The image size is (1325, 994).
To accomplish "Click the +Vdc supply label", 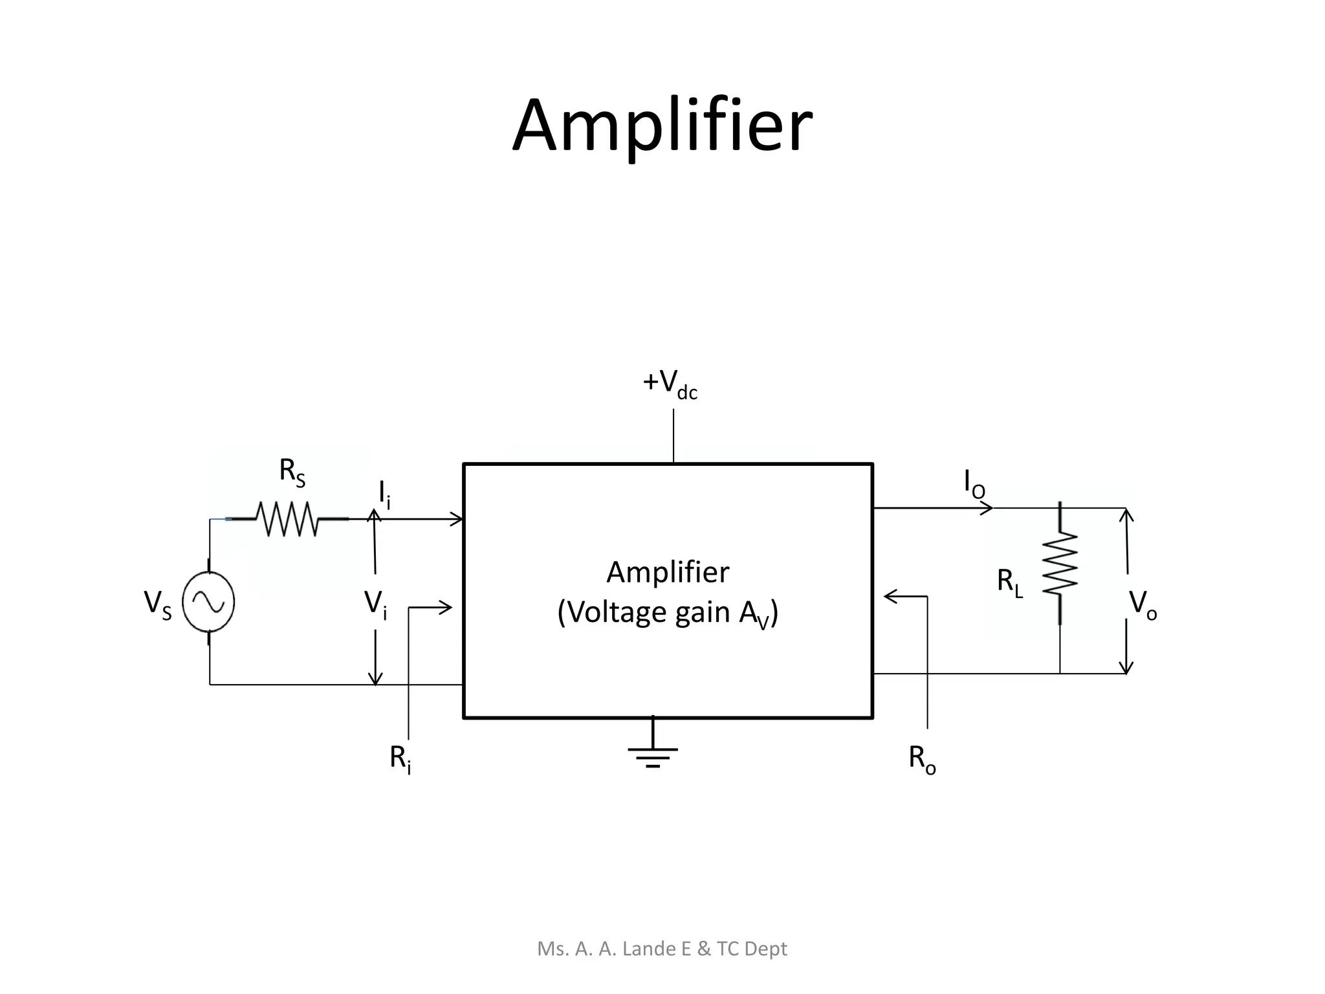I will point(670,384).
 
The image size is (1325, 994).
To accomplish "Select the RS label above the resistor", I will point(292,472).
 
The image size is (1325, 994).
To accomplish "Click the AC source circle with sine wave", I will point(208,602).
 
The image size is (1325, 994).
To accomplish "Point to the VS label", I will point(157,605).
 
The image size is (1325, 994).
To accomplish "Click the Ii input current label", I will point(384,494).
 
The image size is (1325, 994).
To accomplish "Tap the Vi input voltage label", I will point(375,605).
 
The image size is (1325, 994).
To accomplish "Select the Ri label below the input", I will point(400,758).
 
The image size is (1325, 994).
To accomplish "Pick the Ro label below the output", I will point(922,758).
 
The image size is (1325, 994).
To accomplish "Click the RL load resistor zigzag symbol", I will point(1060,563).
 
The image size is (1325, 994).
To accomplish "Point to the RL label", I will point(1009,582).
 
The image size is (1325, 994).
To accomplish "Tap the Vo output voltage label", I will point(1143,605).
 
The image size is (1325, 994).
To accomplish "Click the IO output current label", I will point(974,484).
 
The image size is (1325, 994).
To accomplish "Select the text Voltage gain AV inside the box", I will point(668,613).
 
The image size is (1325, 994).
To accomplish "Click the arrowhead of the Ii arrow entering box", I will point(457,518).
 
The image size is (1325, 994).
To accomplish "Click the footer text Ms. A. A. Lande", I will point(662,948).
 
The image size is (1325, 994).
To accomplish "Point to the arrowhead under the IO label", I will point(987,509).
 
